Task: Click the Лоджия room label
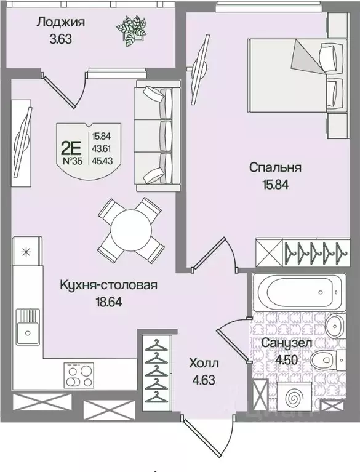tap(60, 23)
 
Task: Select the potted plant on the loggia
tap(132, 30)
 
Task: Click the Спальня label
tap(274, 167)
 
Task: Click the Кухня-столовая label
tap(109, 285)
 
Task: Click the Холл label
tap(204, 364)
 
